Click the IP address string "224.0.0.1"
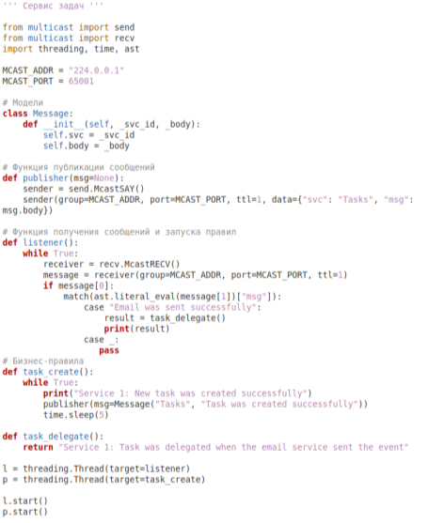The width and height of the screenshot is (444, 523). pyautogui.click(x=96, y=70)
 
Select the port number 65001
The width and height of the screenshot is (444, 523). pyautogui.click(x=81, y=82)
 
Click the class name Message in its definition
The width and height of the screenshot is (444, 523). pyautogui.click(x=51, y=114)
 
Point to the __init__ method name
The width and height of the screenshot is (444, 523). pyautogui.click(x=63, y=125)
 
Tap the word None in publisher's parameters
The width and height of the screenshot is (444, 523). pyautogui.click(x=104, y=178)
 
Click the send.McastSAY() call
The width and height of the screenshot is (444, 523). pyautogui.click(x=106, y=189)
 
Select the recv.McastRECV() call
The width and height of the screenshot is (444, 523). pyautogui.click(x=139, y=264)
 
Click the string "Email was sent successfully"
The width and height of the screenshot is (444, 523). pyautogui.click(x=183, y=307)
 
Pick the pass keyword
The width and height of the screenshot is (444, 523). pyautogui.click(x=109, y=350)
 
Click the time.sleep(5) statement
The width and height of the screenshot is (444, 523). pyautogui.click(x=76, y=415)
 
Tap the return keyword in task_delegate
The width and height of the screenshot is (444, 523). pyautogui.click(x=38, y=447)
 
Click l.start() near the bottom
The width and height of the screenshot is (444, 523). pyautogui.click(x=25, y=501)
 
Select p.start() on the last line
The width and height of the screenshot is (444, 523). pyautogui.click(x=25, y=512)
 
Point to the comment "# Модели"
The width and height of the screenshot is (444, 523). pyautogui.click(x=23, y=102)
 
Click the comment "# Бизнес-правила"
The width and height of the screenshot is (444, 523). pyautogui.click(x=43, y=361)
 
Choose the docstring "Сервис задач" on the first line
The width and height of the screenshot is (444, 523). pyautogui.click(x=54, y=7)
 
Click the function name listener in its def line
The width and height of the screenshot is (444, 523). pyautogui.click(x=43, y=242)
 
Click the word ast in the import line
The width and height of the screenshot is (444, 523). pyautogui.click(x=132, y=49)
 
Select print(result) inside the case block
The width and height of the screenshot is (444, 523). pyautogui.click(x=136, y=329)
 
